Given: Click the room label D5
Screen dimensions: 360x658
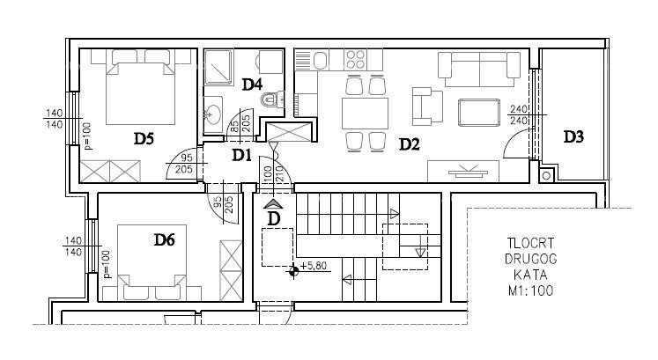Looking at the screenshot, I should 144,138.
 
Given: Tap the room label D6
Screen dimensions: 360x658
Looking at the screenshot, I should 165,239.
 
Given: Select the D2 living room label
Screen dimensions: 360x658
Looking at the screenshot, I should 409,144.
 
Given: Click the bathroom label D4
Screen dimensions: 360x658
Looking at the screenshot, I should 252,84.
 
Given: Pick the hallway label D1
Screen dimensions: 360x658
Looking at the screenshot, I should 242,155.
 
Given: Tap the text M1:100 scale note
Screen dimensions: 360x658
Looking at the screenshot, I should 530,290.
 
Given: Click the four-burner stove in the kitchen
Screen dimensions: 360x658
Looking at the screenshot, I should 356,60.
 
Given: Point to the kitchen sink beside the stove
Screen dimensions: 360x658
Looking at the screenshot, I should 321,60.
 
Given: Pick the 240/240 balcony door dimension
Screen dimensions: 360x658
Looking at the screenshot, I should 519,115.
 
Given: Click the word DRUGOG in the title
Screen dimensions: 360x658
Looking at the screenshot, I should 530,259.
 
